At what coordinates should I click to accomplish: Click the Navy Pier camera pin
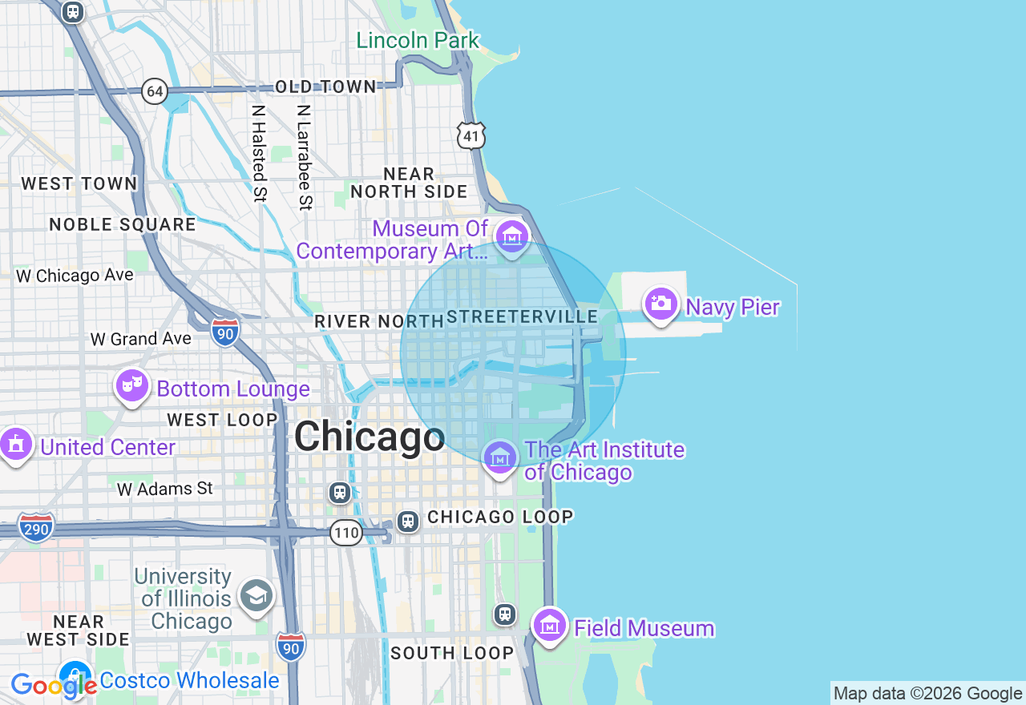pos(661,304)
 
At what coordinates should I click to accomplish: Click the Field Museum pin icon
pos(550,624)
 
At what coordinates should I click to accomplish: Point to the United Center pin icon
pos(15,444)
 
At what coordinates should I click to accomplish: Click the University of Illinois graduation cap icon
pos(256,595)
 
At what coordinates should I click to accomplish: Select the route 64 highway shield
pos(155,91)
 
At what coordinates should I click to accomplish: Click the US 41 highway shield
pos(471,136)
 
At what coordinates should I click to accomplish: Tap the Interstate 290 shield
pos(36,527)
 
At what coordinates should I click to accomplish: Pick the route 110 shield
pos(346,532)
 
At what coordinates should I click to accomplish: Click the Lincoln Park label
pos(418,40)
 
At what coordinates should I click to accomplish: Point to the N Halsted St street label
pos(258,153)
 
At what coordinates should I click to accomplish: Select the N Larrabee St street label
pos(304,157)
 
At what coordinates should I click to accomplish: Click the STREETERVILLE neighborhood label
pos(523,317)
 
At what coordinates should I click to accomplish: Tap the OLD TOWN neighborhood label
pos(325,87)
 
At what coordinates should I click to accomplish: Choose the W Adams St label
pos(165,488)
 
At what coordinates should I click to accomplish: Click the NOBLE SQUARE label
pos(123,224)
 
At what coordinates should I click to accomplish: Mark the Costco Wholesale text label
pos(190,681)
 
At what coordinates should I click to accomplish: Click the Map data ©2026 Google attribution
pos(927,694)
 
